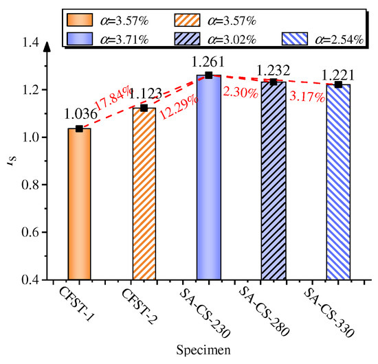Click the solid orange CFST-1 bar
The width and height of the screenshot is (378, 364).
tap(80, 204)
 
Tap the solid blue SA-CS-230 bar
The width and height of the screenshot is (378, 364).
tap(209, 177)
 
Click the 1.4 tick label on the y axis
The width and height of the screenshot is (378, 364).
tap(30, 43)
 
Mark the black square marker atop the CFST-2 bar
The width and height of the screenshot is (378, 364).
tap(144, 108)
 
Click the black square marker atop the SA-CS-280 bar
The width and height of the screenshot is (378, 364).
tap(274, 82)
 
